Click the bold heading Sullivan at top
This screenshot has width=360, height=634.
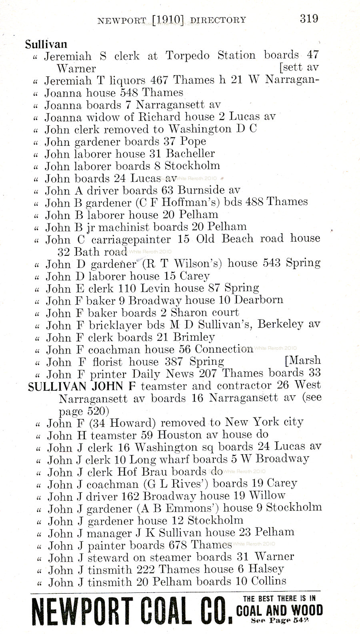pyautogui.click(x=46, y=44)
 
